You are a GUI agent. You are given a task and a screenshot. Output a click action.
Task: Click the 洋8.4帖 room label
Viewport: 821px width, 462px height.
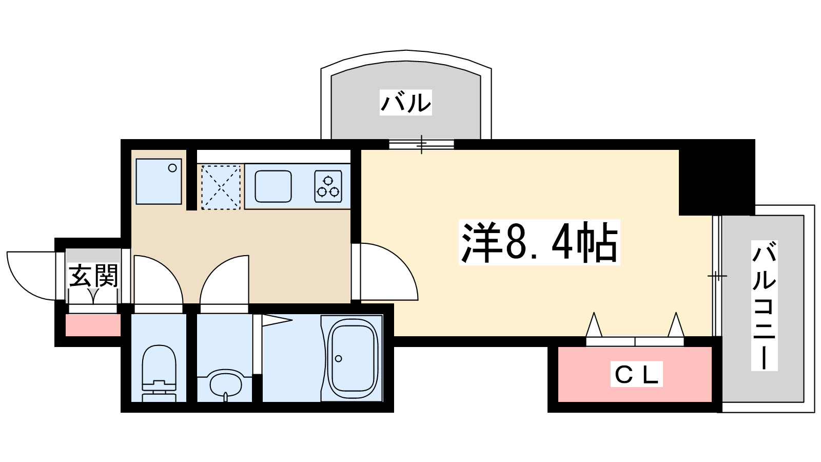click(539, 243)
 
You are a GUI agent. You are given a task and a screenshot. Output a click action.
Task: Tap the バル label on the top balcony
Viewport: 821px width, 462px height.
click(405, 102)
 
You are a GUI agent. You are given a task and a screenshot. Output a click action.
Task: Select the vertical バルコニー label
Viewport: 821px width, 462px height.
click(764, 305)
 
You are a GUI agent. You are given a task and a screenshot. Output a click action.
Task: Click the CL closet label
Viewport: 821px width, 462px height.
click(636, 374)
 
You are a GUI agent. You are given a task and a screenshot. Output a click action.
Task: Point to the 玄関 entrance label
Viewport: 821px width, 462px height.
click(93, 276)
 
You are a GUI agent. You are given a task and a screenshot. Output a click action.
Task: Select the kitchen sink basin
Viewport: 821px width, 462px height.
click(273, 186)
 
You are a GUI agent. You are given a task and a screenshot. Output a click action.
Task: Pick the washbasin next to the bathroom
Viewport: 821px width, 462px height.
click(225, 382)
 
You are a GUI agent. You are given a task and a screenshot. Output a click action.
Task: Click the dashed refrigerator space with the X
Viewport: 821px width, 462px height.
click(221, 187)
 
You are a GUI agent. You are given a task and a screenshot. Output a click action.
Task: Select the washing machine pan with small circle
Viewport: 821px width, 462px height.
click(159, 181)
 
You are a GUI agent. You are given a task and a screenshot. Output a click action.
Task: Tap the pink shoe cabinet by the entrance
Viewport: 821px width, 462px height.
click(93, 325)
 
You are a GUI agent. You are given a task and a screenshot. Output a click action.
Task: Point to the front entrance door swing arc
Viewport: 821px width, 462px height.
click(31, 275)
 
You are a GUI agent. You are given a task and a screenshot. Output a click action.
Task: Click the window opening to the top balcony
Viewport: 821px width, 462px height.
click(421, 144)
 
